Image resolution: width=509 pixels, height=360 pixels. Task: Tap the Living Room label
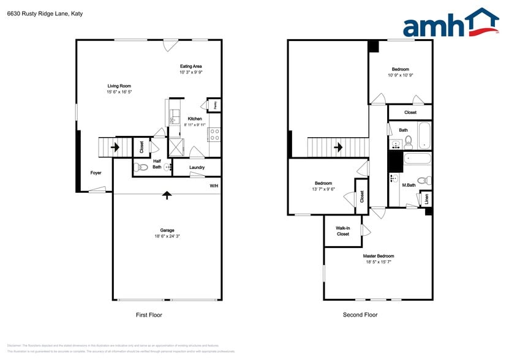coord(119,86)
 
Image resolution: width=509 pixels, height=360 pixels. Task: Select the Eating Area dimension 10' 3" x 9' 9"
coord(191,72)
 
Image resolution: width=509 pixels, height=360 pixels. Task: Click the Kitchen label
coord(195,119)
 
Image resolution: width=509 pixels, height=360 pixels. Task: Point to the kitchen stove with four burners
coord(214,134)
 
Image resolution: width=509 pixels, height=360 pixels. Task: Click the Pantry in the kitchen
coord(214,105)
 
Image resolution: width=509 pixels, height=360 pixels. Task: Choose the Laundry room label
coord(197,167)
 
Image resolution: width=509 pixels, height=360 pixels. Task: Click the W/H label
coord(214,186)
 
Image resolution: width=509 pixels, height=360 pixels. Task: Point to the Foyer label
coord(96,173)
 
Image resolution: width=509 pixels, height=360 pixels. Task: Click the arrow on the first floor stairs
coord(114,147)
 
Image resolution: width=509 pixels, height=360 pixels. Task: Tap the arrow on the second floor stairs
coord(337,147)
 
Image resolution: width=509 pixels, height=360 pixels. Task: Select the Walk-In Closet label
coord(342,231)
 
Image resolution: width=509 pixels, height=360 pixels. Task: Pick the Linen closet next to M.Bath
coord(426,199)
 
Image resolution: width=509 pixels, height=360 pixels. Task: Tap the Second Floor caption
coord(360,315)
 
